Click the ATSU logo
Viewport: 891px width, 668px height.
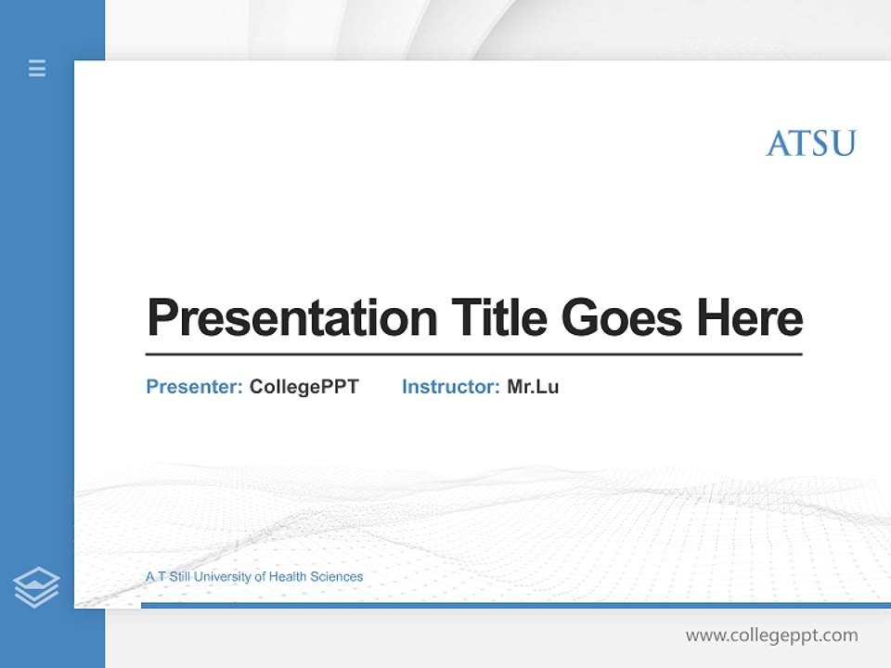point(810,144)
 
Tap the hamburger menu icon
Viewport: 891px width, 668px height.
point(37,68)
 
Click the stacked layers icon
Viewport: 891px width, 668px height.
point(36,587)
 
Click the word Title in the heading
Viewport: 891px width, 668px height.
point(499,318)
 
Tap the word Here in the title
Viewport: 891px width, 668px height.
point(750,318)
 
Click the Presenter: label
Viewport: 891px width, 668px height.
point(195,387)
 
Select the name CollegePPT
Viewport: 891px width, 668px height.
point(303,387)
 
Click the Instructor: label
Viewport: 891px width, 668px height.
point(451,387)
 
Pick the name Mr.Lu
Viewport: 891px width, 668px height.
point(533,387)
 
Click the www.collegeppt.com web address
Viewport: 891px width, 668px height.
point(771,636)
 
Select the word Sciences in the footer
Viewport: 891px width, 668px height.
point(336,577)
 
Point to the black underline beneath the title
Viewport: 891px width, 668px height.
point(473,354)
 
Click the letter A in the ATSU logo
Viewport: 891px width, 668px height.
point(777,144)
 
